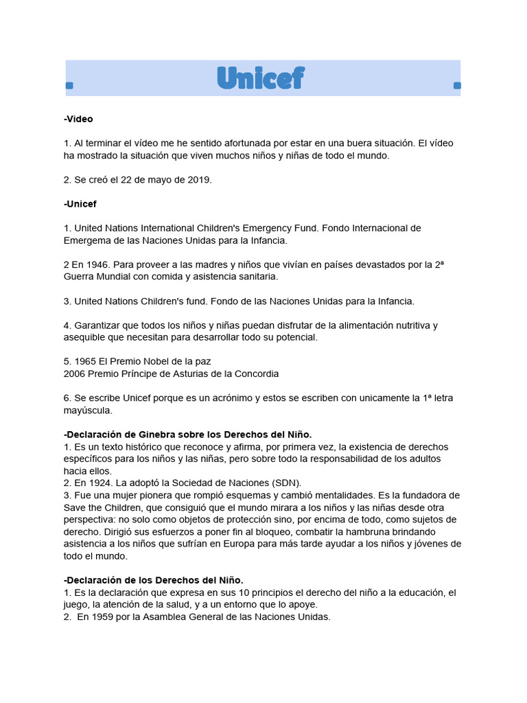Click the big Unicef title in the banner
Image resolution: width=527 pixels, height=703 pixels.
260,78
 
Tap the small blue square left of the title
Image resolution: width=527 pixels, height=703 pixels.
69,86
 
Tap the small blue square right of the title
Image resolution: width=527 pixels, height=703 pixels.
458,86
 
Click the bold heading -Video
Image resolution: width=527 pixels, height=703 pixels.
78,119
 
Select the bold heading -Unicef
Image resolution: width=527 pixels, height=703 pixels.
80,204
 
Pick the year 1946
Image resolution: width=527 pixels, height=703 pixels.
97,264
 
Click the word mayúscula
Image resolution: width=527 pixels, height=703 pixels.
87,410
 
